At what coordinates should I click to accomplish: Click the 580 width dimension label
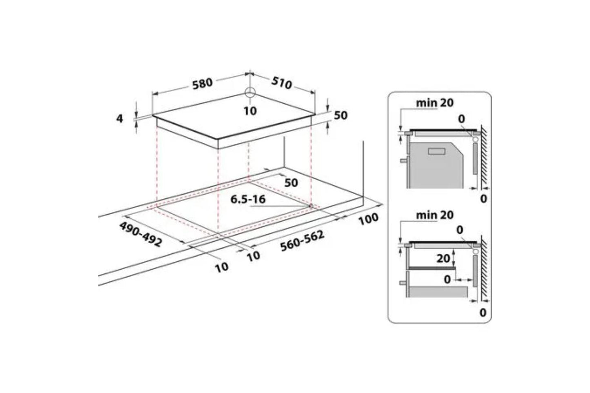pyautogui.click(x=203, y=83)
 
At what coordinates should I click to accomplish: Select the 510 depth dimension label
pyautogui.click(x=282, y=83)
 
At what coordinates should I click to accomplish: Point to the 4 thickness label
pyautogui.click(x=120, y=119)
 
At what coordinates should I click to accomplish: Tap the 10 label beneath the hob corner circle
pyautogui.click(x=250, y=110)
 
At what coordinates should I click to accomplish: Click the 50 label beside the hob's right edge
pyautogui.click(x=341, y=115)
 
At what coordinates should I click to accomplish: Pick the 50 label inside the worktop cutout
pyautogui.click(x=291, y=182)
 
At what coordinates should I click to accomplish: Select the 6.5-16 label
pyautogui.click(x=248, y=199)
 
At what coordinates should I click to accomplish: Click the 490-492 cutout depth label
pyautogui.click(x=140, y=234)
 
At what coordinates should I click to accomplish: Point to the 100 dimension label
pyautogui.click(x=368, y=219)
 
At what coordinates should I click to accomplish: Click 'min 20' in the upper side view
pyautogui.click(x=434, y=103)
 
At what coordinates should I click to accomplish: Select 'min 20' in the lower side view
pyautogui.click(x=434, y=215)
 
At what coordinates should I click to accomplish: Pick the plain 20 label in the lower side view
pyautogui.click(x=443, y=258)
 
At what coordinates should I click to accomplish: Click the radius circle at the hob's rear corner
pyautogui.click(x=250, y=92)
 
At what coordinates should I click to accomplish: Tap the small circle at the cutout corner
pyautogui.click(x=311, y=206)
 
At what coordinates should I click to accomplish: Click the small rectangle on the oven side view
pyautogui.click(x=436, y=151)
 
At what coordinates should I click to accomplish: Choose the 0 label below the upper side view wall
pyautogui.click(x=483, y=199)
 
